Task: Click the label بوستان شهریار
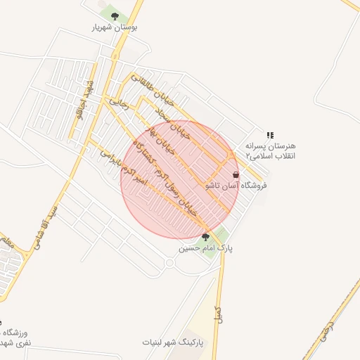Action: [115, 27]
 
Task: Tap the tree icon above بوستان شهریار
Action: [115, 15]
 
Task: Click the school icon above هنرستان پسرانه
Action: [270, 135]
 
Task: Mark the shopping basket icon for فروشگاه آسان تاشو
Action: [235, 174]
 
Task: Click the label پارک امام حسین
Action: [205, 248]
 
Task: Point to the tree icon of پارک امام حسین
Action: [205, 237]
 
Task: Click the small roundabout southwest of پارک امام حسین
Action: [169, 263]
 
